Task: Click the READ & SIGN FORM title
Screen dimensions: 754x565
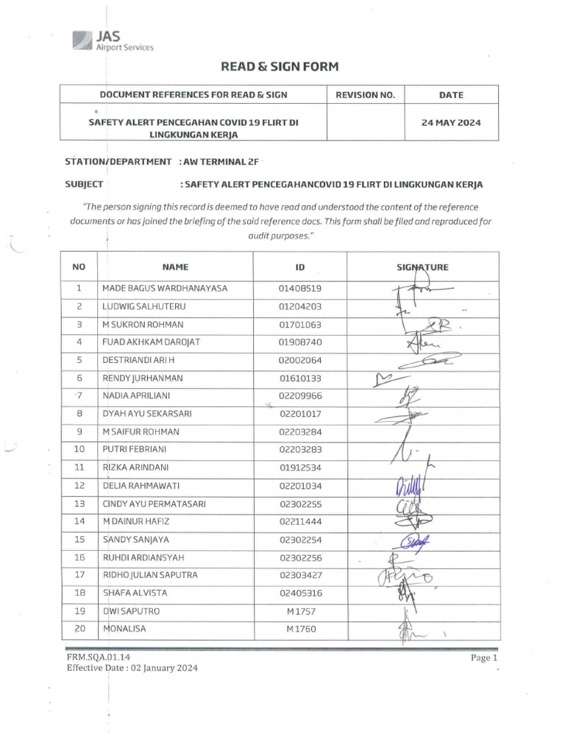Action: (280, 67)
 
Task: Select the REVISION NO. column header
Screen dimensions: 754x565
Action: (365, 95)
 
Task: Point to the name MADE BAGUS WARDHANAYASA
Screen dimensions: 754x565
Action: (165, 288)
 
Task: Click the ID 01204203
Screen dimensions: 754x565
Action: (300, 306)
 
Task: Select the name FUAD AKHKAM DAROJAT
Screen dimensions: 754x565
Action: (152, 342)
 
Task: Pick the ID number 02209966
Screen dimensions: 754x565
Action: (300, 396)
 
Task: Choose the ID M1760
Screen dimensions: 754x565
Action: (300, 630)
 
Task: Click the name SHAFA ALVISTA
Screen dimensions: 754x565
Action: (135, 593)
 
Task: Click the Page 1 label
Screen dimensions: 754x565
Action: (484, 658)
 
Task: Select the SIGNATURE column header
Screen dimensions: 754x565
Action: (422, 267)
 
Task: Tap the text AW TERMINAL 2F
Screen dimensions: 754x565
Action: (218, 161)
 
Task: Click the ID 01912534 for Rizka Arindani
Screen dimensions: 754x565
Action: (300, 468)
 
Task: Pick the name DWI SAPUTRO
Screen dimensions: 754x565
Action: (131, 611)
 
